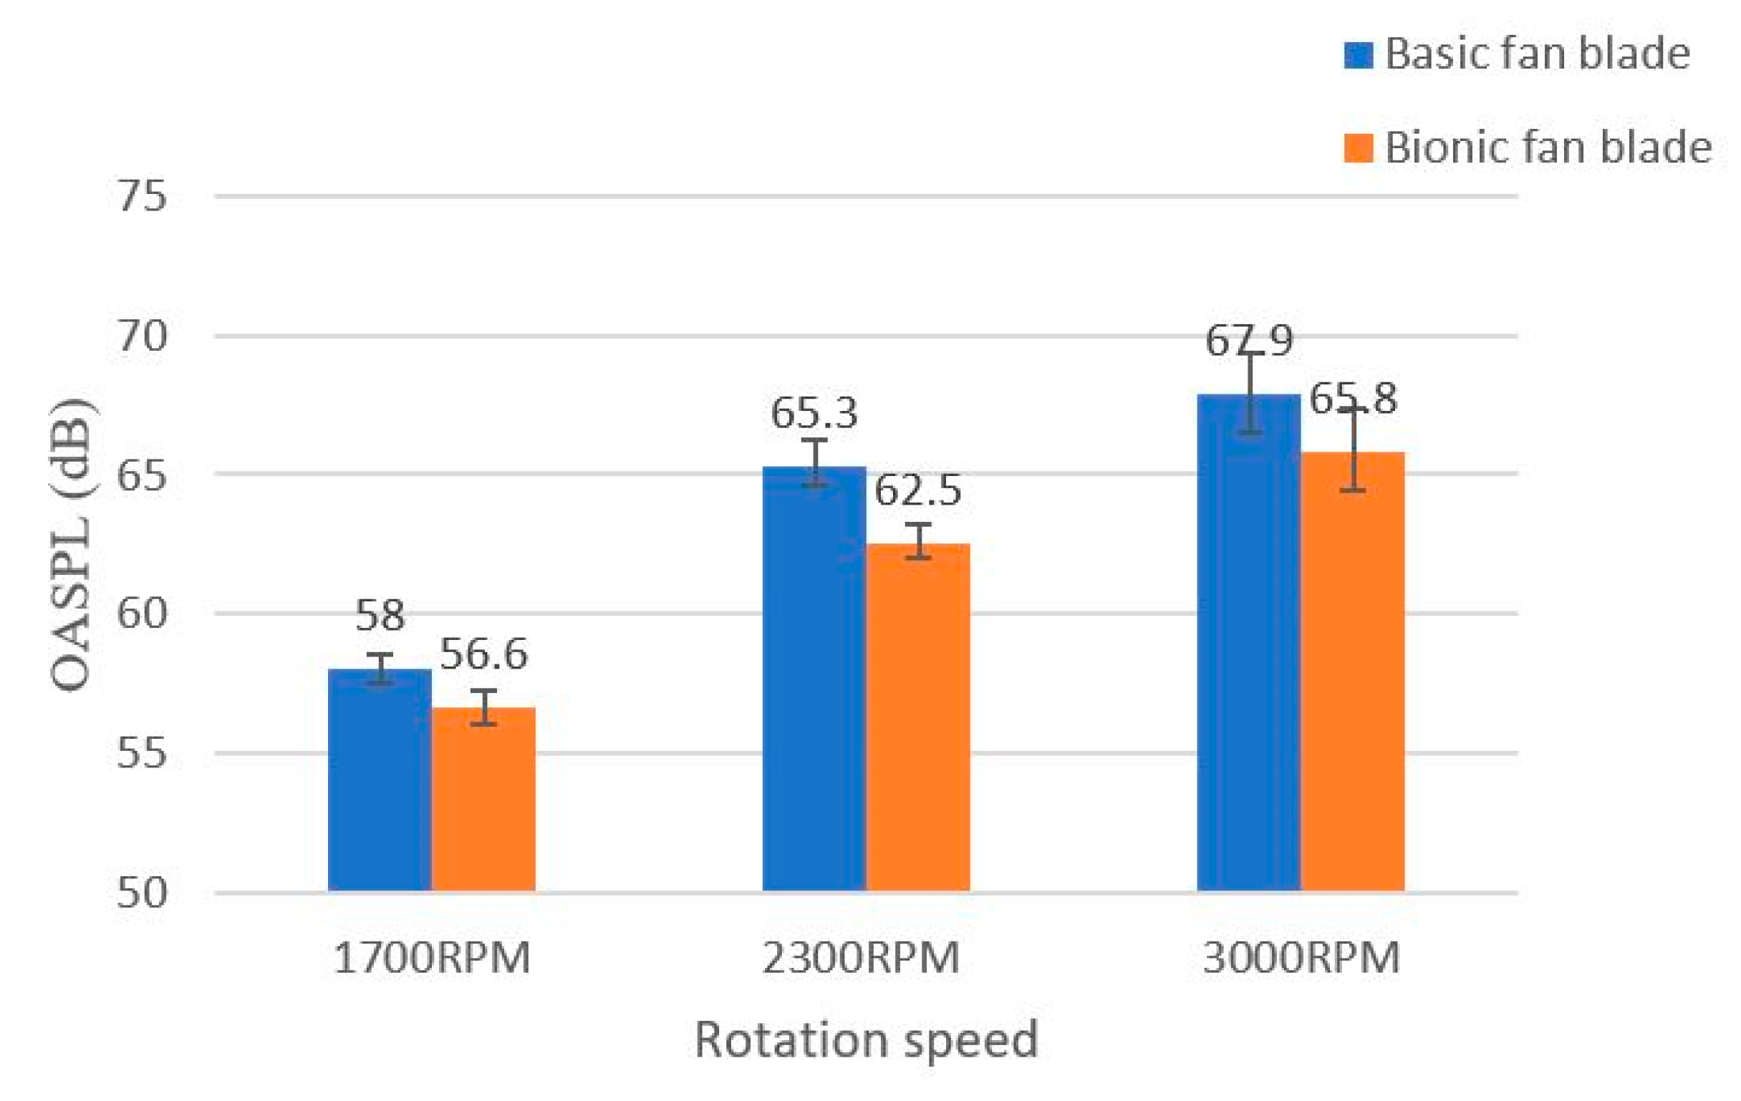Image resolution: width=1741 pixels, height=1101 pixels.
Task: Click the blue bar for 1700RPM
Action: (x=380, y=781)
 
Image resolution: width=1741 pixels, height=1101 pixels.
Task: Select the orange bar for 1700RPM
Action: (x=483, y=799)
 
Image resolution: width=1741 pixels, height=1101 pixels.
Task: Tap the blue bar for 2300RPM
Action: (x=814, y=679)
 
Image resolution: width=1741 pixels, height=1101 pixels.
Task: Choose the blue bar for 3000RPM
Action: (x=1248, y=644)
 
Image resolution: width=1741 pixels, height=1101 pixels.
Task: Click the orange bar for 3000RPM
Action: (x=1353, y=672)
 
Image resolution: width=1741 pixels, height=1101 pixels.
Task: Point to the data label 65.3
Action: (x=814, y=414)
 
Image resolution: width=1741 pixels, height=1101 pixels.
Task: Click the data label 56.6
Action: (x=483, y=654)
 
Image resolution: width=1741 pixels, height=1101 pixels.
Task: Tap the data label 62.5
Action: (x=918, y=491)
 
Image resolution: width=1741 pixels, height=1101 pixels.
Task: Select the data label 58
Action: (x=380, y=616)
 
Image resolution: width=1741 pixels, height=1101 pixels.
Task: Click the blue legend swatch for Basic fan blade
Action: (x=1358, y=56)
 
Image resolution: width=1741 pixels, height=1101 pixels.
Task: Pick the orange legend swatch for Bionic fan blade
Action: (x=1358, y=148)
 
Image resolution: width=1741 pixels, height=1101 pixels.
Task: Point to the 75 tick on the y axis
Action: (x=142, y=196)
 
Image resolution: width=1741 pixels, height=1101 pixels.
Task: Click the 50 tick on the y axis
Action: (x=142, y=893)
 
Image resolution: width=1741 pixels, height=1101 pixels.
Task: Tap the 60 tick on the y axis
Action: (x=142, y=613)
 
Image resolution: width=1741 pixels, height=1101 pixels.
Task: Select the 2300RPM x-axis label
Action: (x=860, y=959)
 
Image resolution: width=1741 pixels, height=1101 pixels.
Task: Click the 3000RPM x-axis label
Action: (x=1301, y=959)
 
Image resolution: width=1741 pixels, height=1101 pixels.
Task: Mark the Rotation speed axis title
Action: (x=866, y=1040)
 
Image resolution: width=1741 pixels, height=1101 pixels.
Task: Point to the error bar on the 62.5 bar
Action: (x=918, y=540)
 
